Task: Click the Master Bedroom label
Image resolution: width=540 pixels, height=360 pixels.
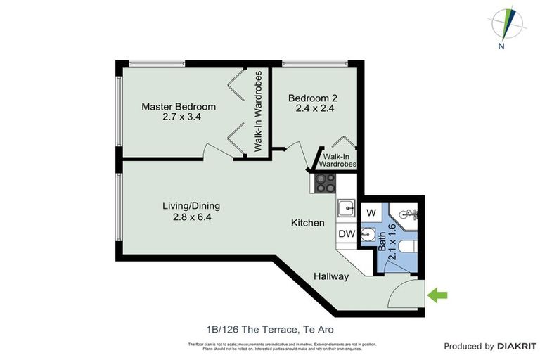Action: [x=179, y=107]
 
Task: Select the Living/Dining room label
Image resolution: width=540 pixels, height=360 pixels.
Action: [x=191, y=206]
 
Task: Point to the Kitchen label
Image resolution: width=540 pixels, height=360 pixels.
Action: [x=308, y=223]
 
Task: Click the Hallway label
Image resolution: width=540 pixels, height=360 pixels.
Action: [x=331, y=276]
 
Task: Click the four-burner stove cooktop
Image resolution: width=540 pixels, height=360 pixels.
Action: [x=325, y=183]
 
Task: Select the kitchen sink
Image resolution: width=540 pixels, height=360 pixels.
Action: [x=346, y=208]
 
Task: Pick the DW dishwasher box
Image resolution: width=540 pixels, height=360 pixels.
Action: [x=346, y=233]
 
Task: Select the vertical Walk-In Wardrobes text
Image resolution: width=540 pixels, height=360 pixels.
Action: [x=258, y=111]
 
